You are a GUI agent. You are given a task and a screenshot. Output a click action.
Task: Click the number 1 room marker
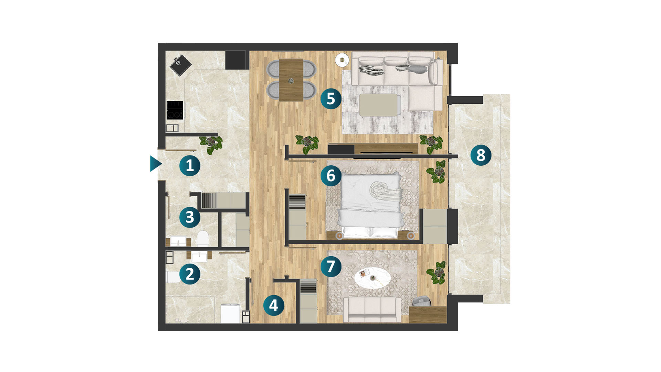tap(190, 166)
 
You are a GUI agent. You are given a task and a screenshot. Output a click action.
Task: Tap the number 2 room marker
tap(190, 274)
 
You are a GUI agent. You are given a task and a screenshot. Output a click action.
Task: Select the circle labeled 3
tap(190, 217)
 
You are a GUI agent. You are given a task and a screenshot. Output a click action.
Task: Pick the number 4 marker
tap(274, 305)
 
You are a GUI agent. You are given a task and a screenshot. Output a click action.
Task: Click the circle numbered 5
tap(331, 99)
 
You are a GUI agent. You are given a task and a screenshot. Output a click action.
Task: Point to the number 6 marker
tap(331, 176)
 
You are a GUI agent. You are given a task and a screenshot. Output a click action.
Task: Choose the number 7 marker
tap(331, 266)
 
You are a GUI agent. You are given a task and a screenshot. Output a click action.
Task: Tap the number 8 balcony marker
tap(481, 155)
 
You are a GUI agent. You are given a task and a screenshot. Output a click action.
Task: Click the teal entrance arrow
tap(156, 164)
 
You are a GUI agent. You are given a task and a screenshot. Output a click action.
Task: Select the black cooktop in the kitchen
tap(175, 110)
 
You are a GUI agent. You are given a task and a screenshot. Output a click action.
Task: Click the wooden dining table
tap(291, 80)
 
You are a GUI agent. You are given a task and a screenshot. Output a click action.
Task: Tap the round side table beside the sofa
tap(342, 60)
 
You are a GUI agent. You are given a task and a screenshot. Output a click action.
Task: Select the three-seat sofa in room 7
tap(372, 309)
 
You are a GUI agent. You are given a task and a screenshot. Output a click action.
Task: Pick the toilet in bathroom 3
tap(203, 238)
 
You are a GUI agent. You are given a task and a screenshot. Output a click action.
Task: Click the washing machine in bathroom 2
tap(230, 313)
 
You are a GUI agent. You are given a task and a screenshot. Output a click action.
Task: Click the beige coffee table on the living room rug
tap(380, 105)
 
